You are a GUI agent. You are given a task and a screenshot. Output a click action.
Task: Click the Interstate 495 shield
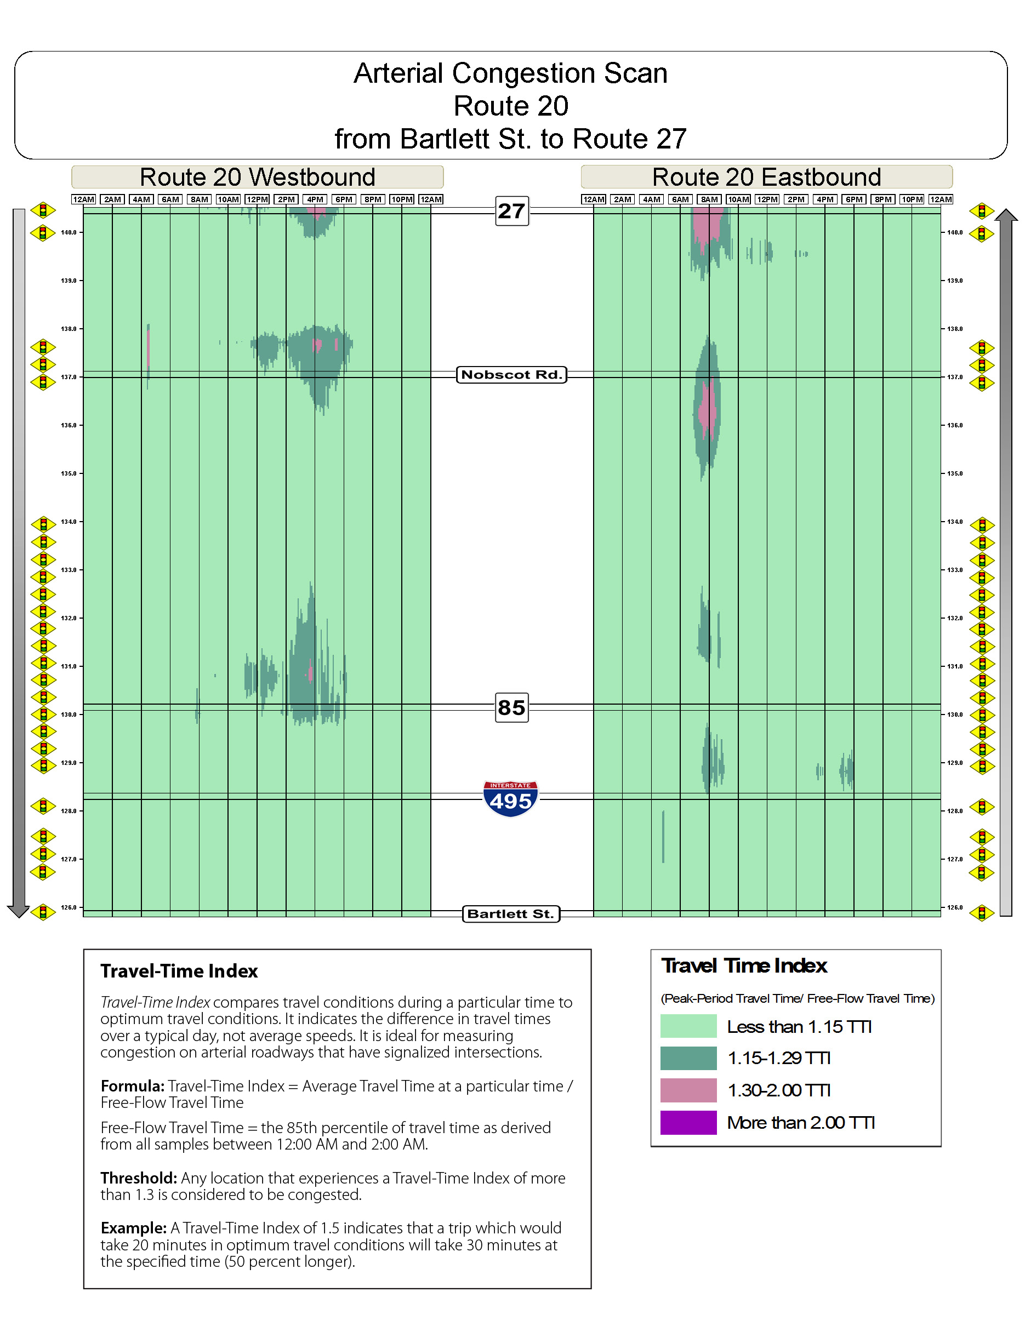[511, 799]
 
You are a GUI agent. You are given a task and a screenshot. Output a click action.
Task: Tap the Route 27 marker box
[512, 210]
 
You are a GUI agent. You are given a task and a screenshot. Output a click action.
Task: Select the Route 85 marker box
[512, 707]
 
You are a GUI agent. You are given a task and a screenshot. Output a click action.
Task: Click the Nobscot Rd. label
[511, 375]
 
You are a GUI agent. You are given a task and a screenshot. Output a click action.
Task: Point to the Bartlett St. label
[511, 914]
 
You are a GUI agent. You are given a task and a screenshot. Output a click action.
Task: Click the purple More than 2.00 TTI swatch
[688, 1123]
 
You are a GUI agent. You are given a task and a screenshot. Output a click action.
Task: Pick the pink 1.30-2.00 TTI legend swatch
[688, 1090]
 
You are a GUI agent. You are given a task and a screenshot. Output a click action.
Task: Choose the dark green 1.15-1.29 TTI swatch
[688, 1058]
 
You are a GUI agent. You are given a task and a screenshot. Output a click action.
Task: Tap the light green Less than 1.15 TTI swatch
[688, 1026]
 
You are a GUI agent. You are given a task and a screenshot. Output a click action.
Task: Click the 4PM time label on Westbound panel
[315, 199]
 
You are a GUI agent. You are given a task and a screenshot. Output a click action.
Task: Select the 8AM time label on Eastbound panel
[709, 199]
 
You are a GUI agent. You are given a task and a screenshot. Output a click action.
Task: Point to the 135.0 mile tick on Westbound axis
[69, 473]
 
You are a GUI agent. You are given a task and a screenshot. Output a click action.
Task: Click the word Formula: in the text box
[133, 1086]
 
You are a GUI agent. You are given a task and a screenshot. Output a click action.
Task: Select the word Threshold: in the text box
[139, 1179]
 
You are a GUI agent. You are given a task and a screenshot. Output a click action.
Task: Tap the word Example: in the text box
[134, 1228]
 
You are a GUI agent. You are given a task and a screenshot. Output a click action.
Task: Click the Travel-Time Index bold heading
[179, 971]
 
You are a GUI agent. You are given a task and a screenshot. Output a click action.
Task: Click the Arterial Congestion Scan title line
[511, 73]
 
